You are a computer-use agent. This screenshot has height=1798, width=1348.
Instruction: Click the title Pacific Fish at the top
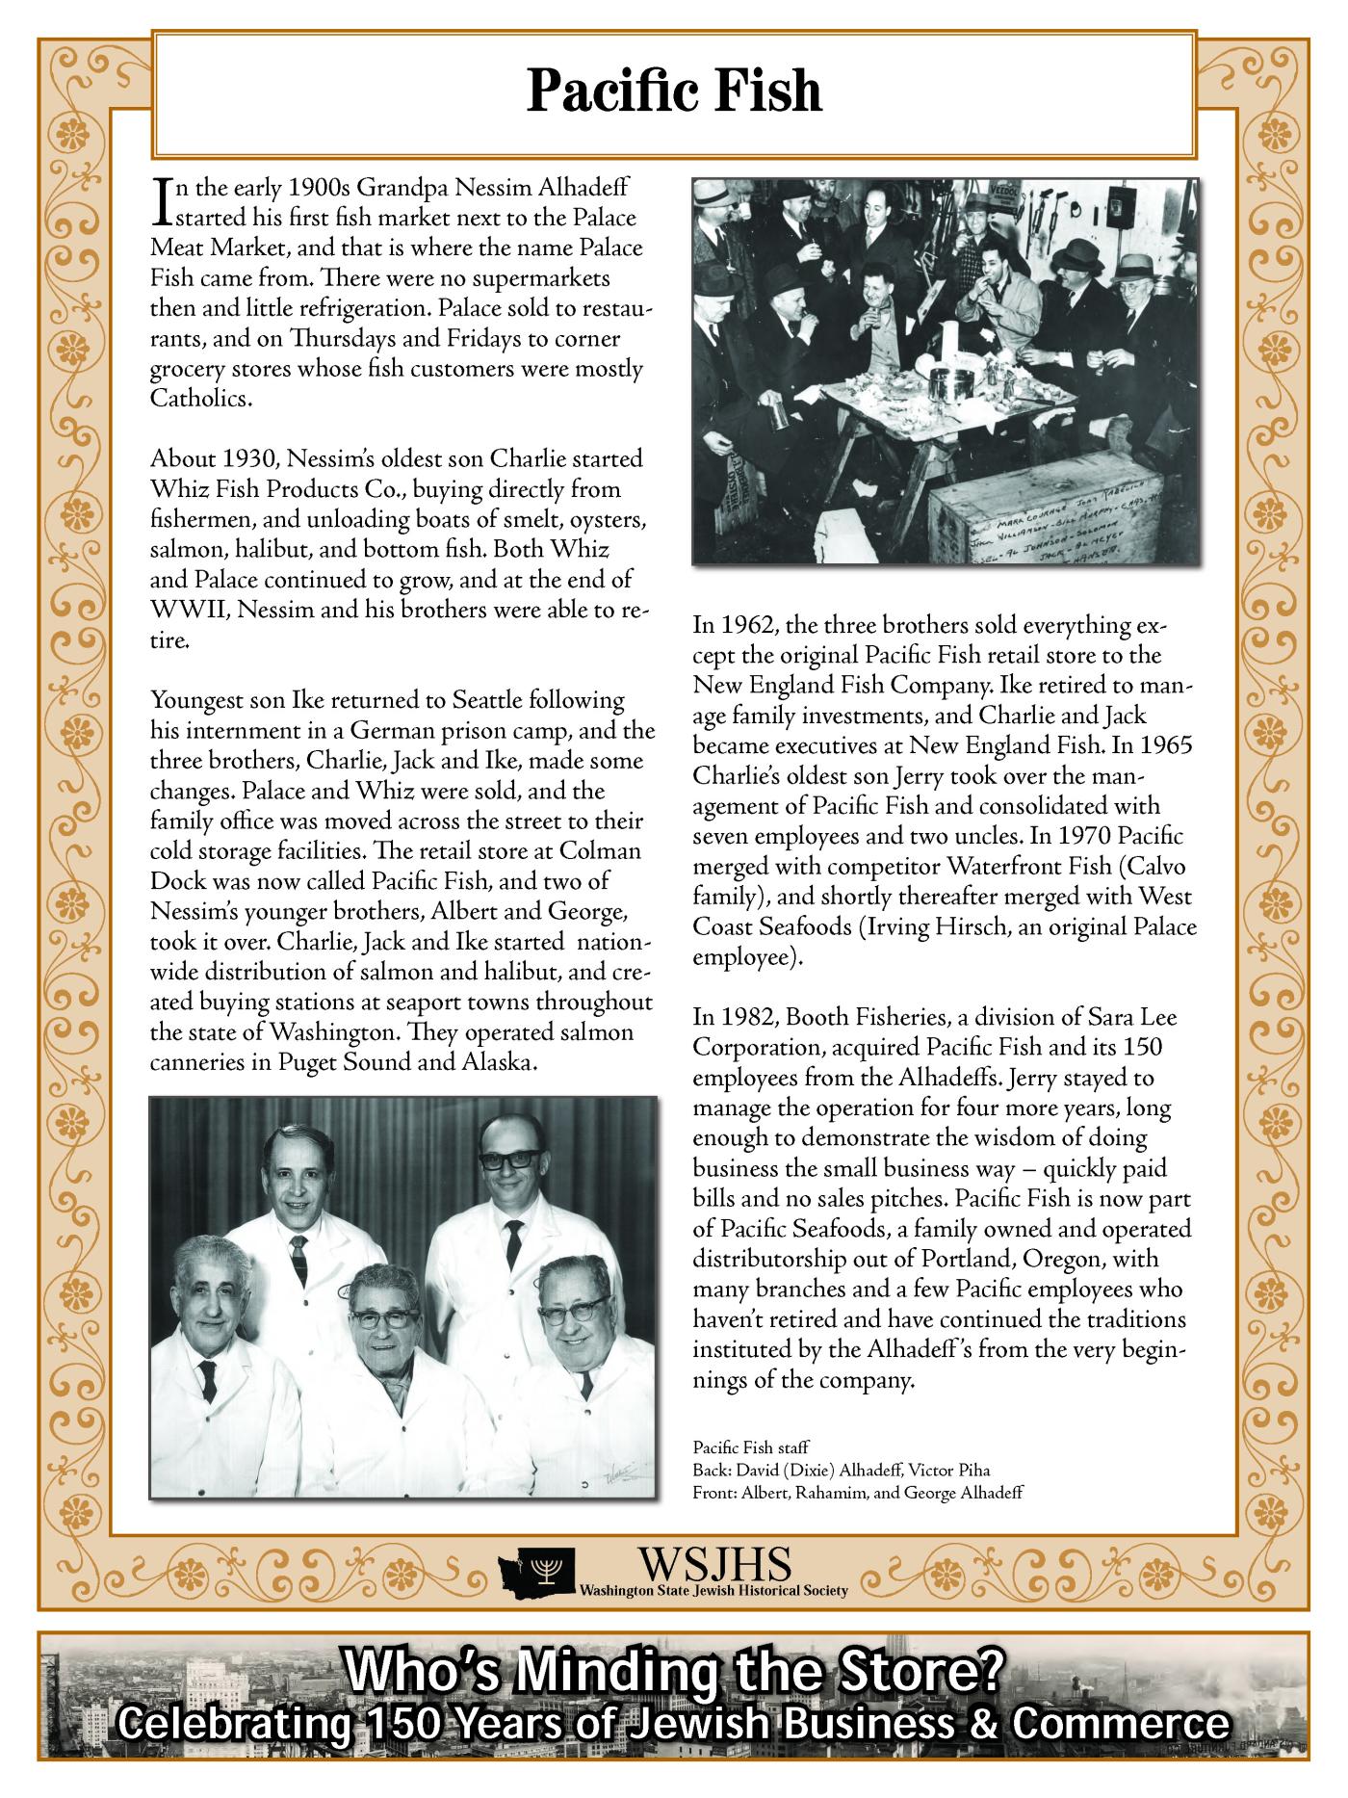tap(674, 92)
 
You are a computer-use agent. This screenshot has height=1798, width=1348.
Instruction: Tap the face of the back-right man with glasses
tap(503, 1163)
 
